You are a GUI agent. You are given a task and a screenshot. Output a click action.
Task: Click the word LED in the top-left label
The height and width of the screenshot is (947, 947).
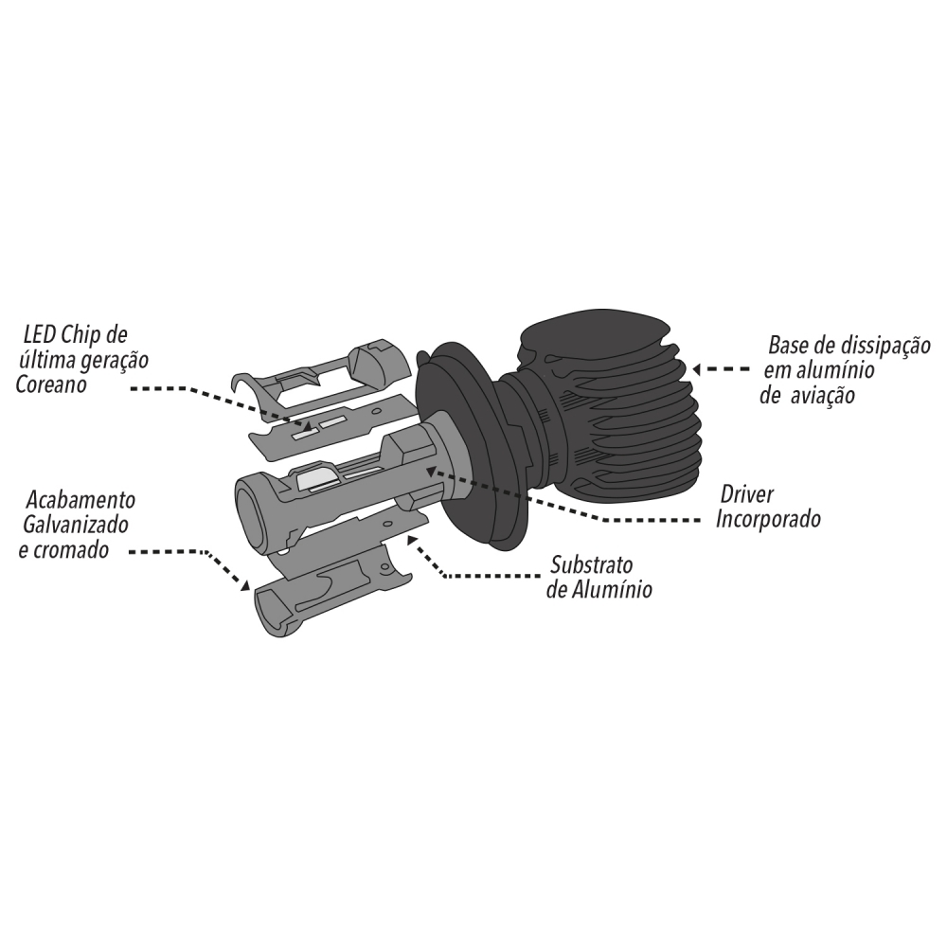click(x=41, y=336)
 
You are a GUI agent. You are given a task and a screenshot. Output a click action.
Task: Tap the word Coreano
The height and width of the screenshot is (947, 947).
click(x=51, y=384)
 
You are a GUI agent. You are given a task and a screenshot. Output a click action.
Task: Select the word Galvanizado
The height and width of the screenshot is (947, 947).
click(x=76, y=525)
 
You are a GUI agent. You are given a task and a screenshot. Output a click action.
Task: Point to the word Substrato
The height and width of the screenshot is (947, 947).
click(x=591, y=565)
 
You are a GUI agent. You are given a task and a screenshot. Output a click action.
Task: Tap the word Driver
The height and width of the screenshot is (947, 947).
click(x=746, y=494)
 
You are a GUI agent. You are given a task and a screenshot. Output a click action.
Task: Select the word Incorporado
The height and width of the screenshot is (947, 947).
click(x=768, y=519)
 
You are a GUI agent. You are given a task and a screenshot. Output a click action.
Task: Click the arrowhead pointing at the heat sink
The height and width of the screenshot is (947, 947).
click(x=696, y=369)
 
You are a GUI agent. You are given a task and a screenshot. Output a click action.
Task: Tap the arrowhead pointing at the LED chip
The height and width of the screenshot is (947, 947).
click(x=308, y=427)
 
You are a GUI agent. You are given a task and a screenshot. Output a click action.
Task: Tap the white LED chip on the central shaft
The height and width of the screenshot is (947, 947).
click(x=318, y=479)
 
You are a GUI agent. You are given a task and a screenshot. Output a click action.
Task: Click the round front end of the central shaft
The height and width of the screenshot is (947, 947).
click(x=248, y=511)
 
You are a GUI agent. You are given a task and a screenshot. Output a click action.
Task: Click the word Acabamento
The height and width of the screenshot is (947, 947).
click(x=80, y=500)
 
